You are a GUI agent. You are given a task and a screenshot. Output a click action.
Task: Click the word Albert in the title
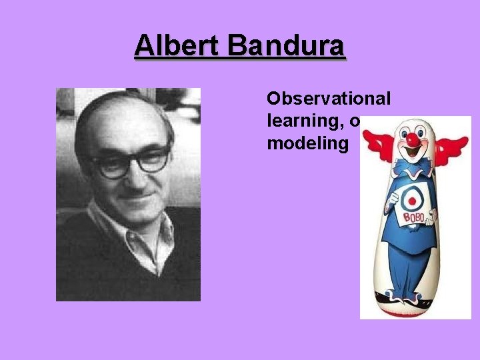pos(178,47)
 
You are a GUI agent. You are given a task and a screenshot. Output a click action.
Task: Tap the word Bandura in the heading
pos(287,47)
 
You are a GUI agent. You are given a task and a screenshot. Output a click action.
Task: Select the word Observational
pos(329,99)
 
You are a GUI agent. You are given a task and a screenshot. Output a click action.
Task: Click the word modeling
pos(307,144)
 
